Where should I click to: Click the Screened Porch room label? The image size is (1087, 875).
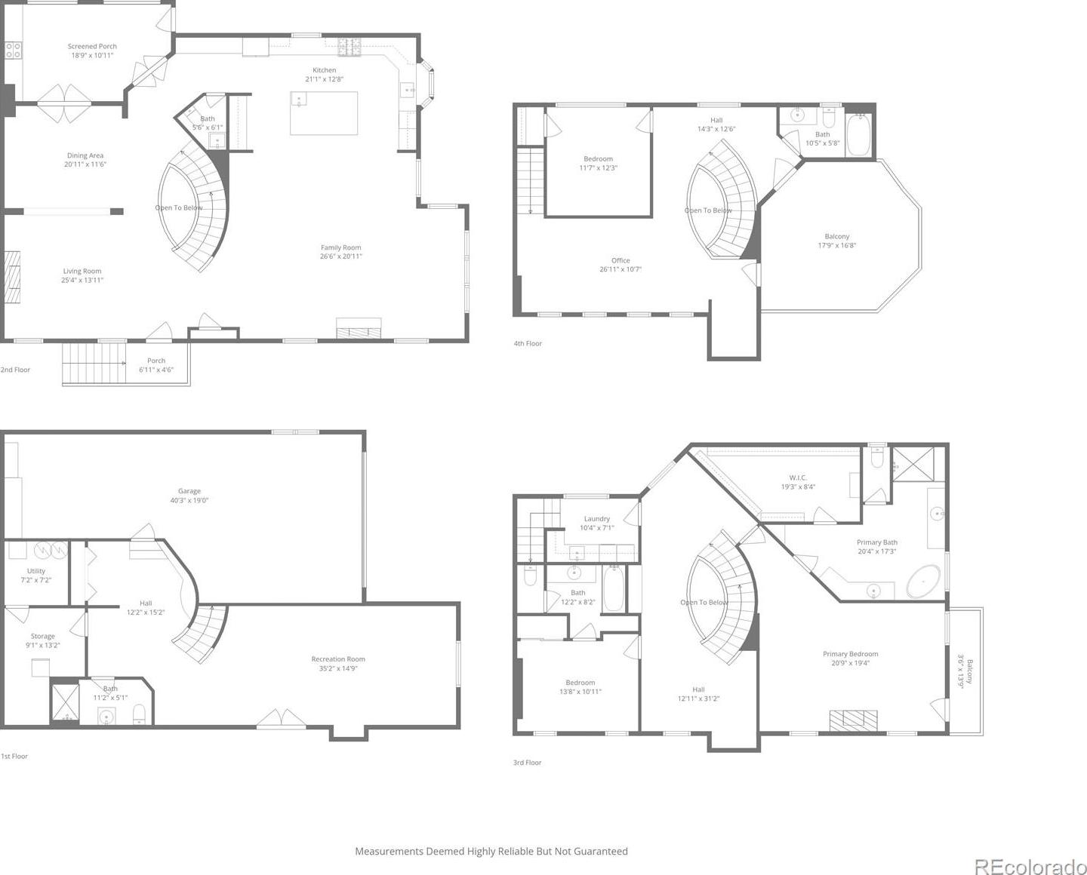pos(92,47)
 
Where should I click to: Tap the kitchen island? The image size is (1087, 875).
pos(324,113)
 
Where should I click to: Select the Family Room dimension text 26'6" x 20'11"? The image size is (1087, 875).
pos(341,256)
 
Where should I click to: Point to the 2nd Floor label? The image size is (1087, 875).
pos(15,370)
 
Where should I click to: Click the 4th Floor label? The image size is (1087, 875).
pos(528,343)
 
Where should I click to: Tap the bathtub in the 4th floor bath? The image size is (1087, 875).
pos(858,135)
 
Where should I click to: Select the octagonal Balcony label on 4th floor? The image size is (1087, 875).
pos(837,236)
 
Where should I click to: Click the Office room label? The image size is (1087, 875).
pos(620,260)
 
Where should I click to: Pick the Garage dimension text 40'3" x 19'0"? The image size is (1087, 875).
pos(189,500)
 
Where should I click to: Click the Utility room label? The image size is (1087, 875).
pos(36,571)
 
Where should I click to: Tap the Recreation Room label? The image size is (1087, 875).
pos(338,659)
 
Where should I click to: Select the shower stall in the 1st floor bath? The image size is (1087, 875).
pos(65,703)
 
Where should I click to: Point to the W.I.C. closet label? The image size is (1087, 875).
pos(798,477)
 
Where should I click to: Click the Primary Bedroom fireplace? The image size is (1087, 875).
pos(853,720)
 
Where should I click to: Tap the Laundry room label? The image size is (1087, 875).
pos(597,518)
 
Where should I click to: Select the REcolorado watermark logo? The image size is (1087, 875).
pos(1030,867)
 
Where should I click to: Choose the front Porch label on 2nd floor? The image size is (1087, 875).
pos(156,361)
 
